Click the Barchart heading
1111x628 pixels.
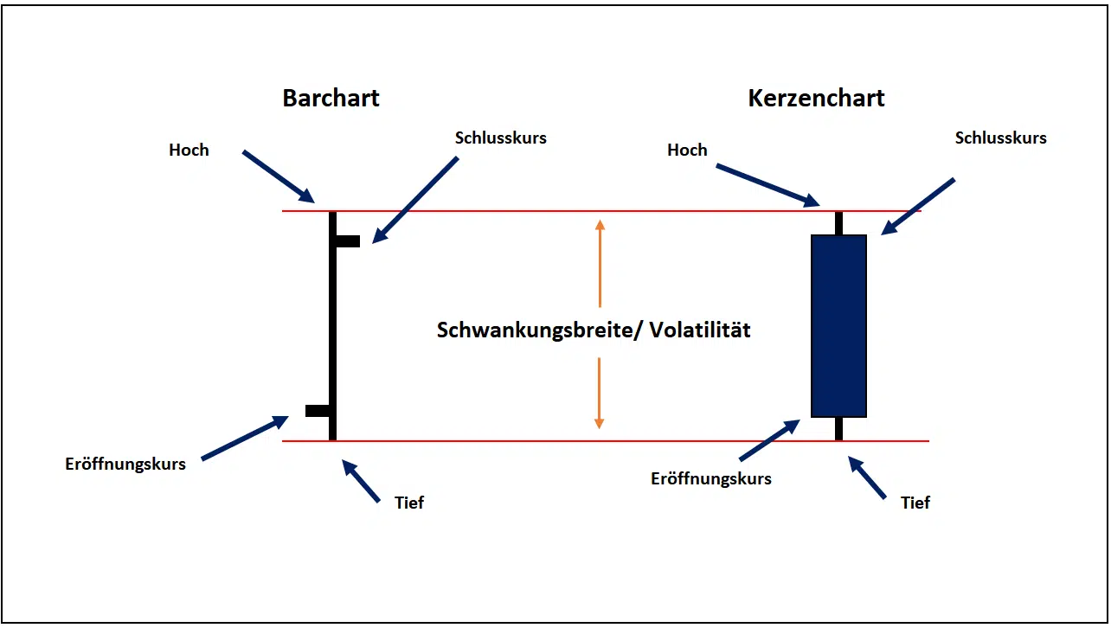331,98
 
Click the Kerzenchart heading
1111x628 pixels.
816,98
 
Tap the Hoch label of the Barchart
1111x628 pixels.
189,150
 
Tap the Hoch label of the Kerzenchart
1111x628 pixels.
687,150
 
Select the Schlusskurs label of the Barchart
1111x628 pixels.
500,138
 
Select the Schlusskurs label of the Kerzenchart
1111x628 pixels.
1000,138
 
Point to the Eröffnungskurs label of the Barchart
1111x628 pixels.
125,464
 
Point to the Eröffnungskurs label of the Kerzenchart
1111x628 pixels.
711,478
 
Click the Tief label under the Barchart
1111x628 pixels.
409,503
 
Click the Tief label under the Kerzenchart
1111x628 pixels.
915,503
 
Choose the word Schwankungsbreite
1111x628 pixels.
536,330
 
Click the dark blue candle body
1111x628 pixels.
838,325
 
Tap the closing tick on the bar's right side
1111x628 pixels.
348,241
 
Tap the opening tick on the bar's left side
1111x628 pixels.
317,410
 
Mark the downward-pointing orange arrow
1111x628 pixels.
599,394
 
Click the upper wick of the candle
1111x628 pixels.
838,222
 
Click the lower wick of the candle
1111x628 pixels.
838,429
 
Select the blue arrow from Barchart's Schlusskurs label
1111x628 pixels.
414,199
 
